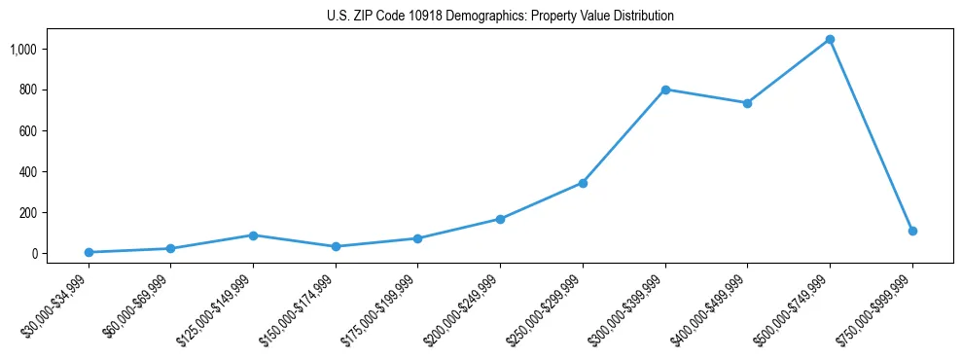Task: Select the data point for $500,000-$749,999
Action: click(830, 40)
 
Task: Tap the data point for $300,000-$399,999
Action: click(665, 90)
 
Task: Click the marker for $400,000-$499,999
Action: click(747, 103)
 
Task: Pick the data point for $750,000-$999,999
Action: click(912, 231)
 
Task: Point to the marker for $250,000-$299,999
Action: click(583, 183)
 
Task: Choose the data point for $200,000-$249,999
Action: click(500, 219)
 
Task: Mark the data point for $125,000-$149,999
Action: click(253, 235)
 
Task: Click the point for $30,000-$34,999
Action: click(89, 252)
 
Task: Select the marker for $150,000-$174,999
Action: click(336, 246)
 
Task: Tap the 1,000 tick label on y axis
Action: click(23, 49)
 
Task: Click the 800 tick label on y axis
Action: click(28, 90)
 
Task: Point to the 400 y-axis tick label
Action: click(28, 171)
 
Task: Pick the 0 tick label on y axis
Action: click(34, 253)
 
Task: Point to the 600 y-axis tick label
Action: click(28, 130)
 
